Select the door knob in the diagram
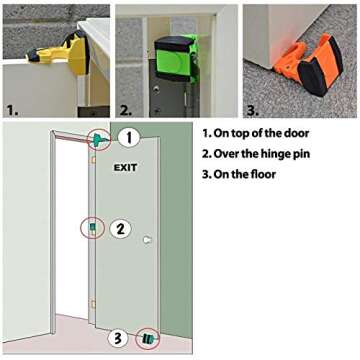tap(147, 240)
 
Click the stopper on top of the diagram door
tap(100, 140)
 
